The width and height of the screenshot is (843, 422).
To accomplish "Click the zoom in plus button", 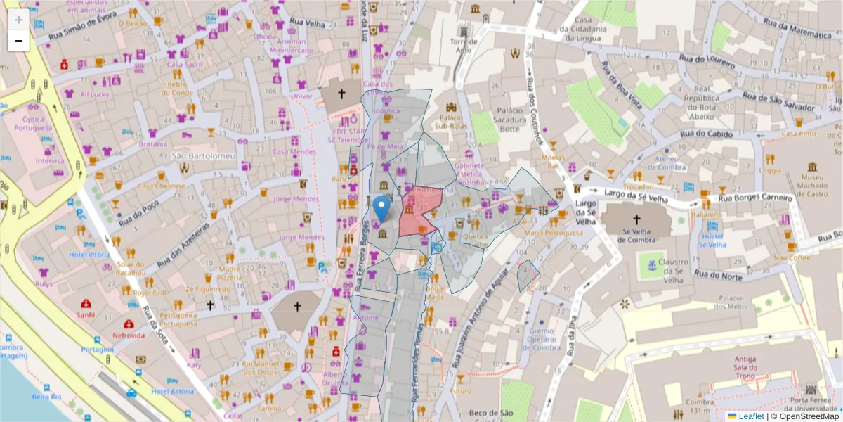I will coord(18,20).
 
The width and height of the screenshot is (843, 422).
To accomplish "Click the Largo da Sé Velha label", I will coord(586,213).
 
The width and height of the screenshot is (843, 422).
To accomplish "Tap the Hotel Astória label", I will coord(172,391).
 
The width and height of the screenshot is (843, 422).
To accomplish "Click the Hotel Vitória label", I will coord(89,255).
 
